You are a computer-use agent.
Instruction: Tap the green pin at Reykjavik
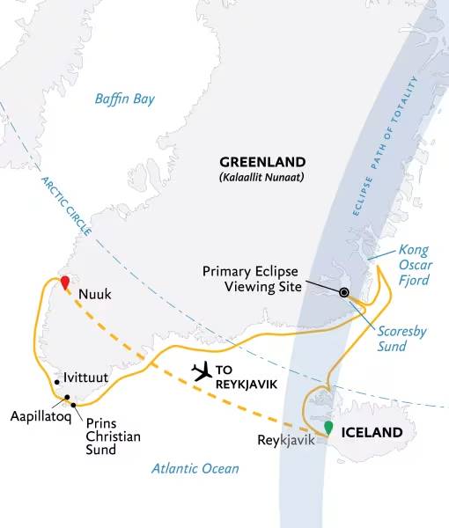point(328,428)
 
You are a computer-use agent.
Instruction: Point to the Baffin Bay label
point(124,99)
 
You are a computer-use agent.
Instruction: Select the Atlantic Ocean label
point(194,468)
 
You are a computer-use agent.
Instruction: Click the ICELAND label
point(372,432)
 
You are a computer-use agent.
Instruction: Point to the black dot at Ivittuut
point(56,382)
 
